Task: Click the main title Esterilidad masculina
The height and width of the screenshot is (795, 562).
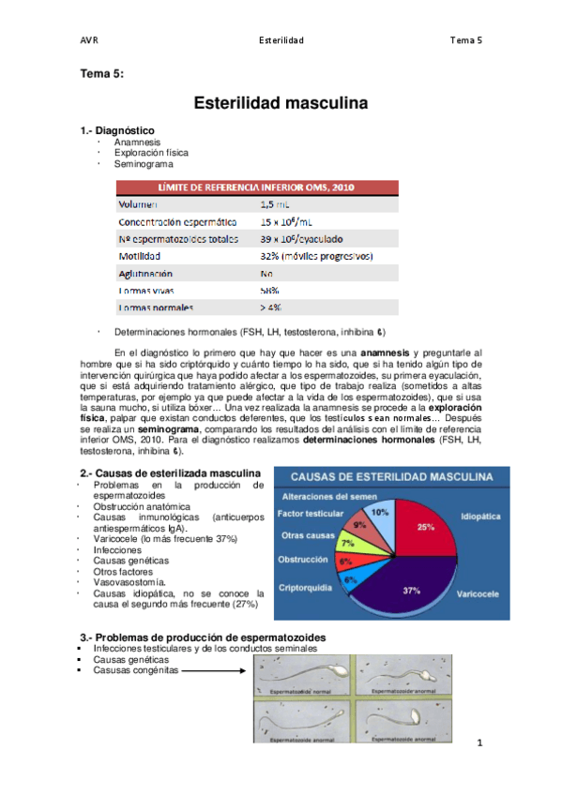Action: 281,101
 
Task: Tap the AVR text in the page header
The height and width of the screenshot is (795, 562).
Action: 90,40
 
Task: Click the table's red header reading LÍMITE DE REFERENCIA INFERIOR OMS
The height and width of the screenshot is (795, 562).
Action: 256,186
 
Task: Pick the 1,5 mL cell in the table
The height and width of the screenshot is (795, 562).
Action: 273,203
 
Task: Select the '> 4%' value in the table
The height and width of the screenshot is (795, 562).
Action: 271,307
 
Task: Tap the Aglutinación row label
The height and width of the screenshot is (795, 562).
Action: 145,273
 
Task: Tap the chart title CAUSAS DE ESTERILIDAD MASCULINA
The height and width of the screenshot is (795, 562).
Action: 387,477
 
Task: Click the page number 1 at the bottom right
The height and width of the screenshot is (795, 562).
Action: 478,743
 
